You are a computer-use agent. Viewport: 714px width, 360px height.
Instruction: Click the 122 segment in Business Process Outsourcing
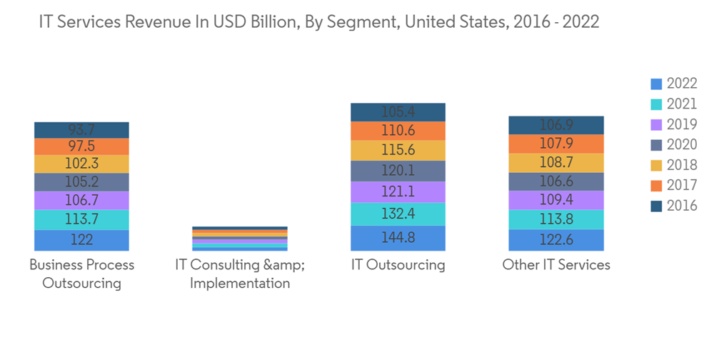[x=81, y=241]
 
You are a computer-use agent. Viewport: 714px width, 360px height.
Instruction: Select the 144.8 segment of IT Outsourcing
[x=398, y=238]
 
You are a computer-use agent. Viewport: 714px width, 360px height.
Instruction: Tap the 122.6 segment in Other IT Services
[x=556, y=240]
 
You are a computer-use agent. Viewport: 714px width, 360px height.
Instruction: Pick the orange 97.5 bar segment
[x=81, y=146]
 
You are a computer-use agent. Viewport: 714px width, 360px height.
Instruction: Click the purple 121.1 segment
[x=398, y=192]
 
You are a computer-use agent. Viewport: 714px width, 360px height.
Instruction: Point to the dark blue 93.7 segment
[x=81, y=129]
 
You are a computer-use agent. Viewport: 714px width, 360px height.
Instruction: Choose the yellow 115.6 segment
[x=398, y=151]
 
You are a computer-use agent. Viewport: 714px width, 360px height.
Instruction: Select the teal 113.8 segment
[x=556, y=219]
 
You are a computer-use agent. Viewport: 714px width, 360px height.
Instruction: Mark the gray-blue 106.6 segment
[x=556, y=181]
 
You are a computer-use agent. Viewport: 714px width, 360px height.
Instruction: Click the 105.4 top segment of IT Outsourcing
[x=398, y=112]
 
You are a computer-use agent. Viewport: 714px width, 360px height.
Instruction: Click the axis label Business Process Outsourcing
[x=81, y=274]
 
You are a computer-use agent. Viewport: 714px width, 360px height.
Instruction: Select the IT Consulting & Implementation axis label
[x=240, y=274]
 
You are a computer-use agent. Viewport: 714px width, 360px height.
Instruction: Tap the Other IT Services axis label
[x=556, y=265]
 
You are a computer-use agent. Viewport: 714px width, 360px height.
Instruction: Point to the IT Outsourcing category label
[x=398, y=265]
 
